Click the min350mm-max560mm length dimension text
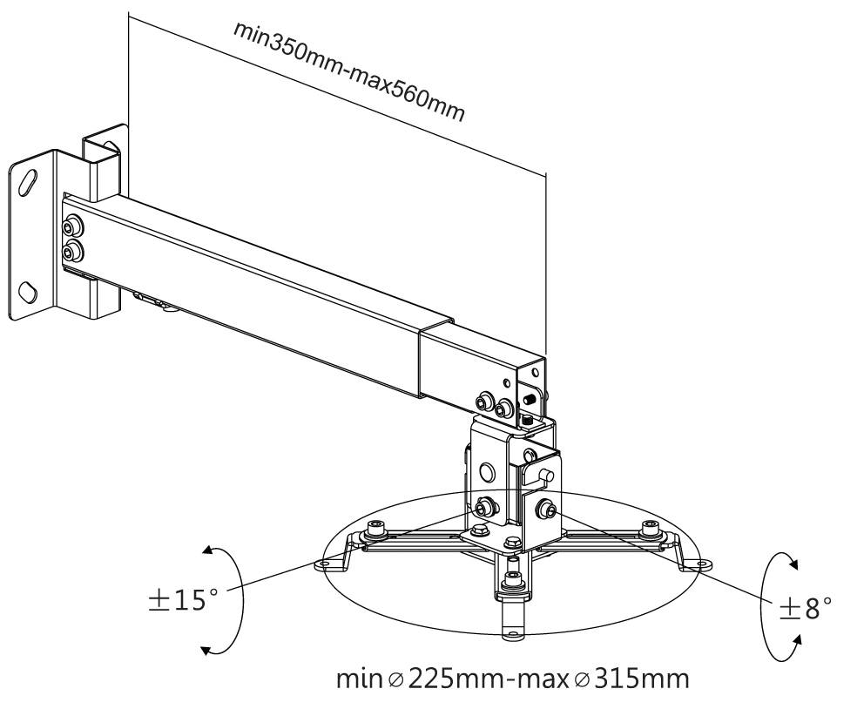[x=348, y=70]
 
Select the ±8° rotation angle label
[x=806, y=607]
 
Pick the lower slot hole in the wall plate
[x=30, y=290]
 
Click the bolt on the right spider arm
[x=649, y=528]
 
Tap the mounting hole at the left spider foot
[x=325, y=564]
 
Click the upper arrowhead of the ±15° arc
[x=206, y=550]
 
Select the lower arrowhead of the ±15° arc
[x=206, y=649]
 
